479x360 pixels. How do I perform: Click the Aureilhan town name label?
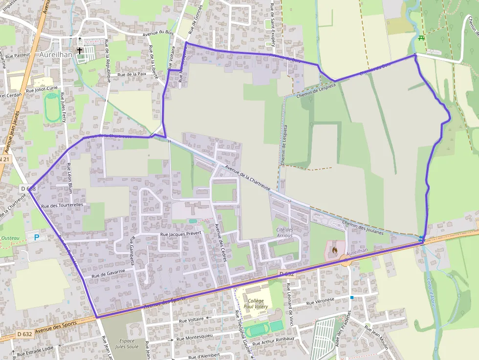56,54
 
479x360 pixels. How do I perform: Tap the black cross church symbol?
79,50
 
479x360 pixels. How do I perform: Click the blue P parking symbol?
36,237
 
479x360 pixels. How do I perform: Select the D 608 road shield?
28,188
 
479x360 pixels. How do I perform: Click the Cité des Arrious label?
284,233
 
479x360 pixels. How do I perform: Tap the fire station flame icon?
334,250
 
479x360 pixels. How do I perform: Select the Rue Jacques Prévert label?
181,234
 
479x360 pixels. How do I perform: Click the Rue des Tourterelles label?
62,206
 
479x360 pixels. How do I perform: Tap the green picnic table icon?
421,38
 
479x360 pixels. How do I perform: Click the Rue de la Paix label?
132,74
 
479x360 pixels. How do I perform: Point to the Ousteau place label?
10,238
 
